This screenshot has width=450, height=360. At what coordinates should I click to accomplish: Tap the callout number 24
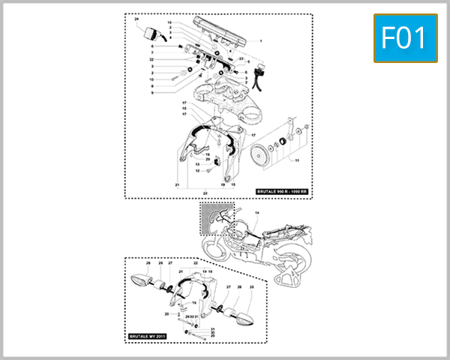(136, 17)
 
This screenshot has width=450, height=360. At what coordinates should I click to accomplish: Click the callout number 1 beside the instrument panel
(261, 40)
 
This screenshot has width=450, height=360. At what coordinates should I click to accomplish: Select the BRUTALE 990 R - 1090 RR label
(282, 191)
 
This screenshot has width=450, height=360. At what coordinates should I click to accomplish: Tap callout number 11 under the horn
(296, 161)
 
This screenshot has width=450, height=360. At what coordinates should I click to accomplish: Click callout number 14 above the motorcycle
(256, 214)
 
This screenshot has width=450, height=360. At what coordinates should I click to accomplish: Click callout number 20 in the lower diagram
(166, 313)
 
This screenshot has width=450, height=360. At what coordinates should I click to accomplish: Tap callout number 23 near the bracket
(241, 58)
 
